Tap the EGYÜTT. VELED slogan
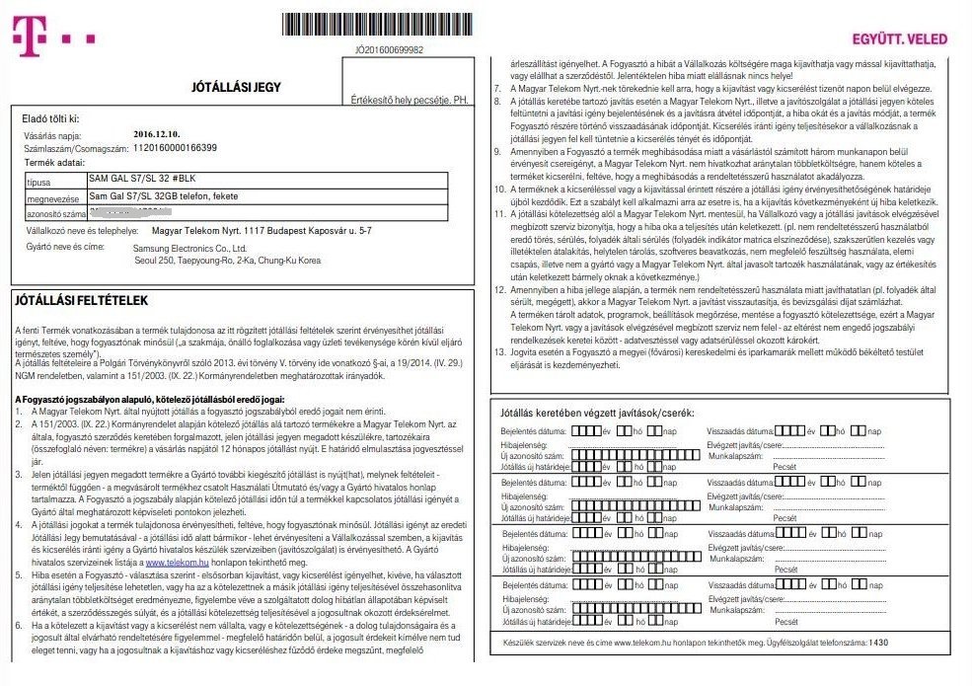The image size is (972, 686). tap(899, 39)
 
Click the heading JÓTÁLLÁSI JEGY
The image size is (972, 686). tap(236, 87)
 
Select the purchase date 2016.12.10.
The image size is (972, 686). tap(158, 133)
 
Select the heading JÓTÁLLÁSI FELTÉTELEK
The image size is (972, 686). tap(79, 298)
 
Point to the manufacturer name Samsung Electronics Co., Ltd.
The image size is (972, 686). tap(193, 248)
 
